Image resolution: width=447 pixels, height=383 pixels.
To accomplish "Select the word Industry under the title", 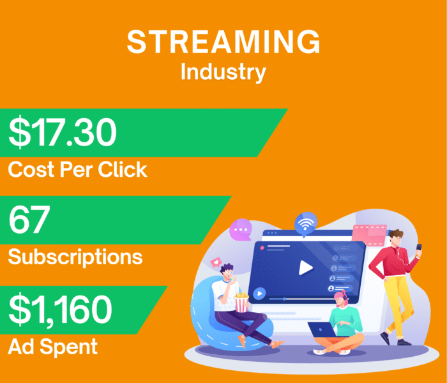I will tap(223, 71).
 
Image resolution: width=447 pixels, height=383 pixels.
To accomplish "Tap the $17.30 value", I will tap(63, 133).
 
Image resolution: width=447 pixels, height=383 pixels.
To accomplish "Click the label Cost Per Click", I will tap(77, 169).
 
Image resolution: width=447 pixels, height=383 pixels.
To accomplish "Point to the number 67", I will tap(29, 220).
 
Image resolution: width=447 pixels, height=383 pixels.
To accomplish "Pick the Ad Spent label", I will tap(52, 346).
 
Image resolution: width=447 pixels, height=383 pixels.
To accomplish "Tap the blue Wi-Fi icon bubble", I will tap(306, 224).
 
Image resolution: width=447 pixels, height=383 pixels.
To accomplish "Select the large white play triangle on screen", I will tap(306, 267).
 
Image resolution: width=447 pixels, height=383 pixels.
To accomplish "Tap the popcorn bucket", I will tap(242, 302).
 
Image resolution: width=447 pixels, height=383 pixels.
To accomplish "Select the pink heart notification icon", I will tap(215, 262).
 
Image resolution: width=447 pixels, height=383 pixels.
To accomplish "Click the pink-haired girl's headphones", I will tap(345, 297).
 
